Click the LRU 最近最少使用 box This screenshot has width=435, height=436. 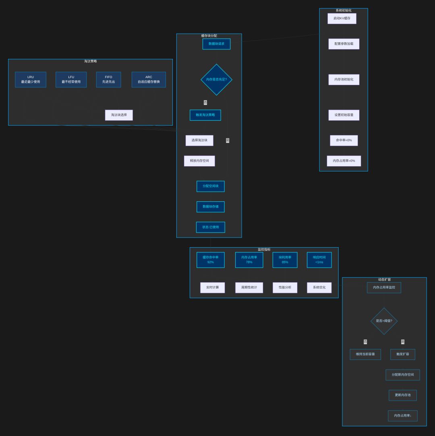pyautogui.click(x=31, y=80)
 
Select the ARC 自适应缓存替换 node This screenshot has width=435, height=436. pyautogui.click(x=149, y=80)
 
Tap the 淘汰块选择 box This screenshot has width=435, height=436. pyautogui.click(x=119, y=115)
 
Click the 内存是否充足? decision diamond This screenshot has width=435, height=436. pyautogui.click(x=216, y=80)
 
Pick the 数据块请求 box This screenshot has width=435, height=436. pyautogui.click(x=216, y=44)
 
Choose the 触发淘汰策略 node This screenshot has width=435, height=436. pyautogui.click(x=205, y=115)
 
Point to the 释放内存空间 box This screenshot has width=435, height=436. pyautogui.click(x=199, y=161)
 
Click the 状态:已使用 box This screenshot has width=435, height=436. pyautogui.click(x=211, y=227)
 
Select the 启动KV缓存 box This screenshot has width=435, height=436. pyautogui.click(x=342, y=19)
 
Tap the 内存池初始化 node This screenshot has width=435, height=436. pyautogui.click(x=344, y=80)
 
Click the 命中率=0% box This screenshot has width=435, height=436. pyautogui.click(x=344, y=141)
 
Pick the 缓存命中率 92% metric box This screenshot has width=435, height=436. pyautogui.click(x=211, y=260)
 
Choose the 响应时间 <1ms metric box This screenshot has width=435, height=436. pyautogui.click(x=319, y=260)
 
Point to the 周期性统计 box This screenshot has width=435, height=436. pyautogui.click(x=249, y=288)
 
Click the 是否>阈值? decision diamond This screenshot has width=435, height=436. pyautogui.click(x=384, y=321)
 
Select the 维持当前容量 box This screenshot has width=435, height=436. pyautogui.click(x=365, y=355)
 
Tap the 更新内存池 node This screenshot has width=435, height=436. pyautogui.click(x=403, y=395)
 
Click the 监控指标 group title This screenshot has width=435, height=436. pyautogui.click(x=264, y=250)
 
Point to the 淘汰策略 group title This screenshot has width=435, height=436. pyautogui.click(x=91, y=61)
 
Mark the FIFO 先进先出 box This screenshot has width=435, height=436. pyautogui.click(x=109, y=80)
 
